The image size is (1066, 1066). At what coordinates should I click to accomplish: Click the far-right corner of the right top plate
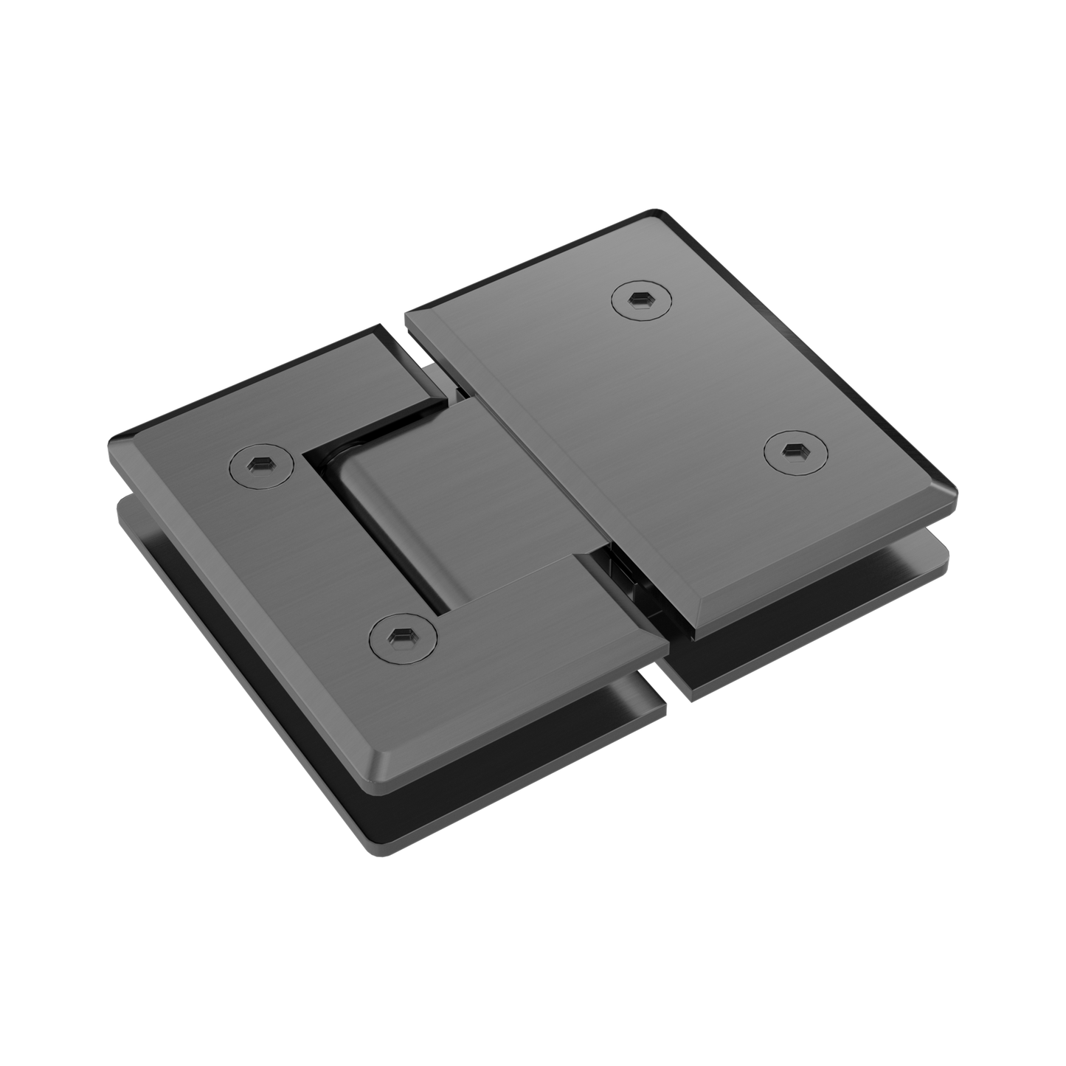[x=956, y=491]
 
